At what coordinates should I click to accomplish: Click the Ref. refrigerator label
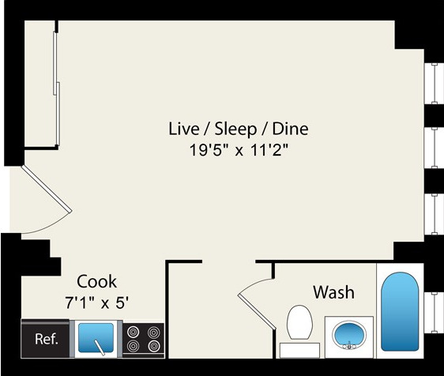[x=46, y=340]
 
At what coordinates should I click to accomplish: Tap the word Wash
[x=333, y=292]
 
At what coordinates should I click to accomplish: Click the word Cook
[x=96, y=281]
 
